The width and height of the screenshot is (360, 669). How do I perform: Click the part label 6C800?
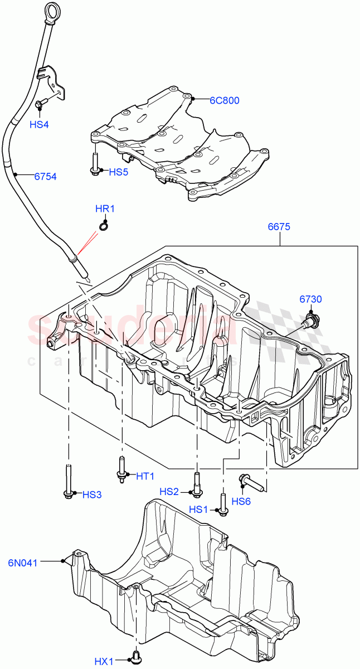tap(225, 101)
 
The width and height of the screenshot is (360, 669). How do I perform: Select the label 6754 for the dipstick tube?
tap(46, 176)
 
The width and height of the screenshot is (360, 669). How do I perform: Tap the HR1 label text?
tap(105, 209)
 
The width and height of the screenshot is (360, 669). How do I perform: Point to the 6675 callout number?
tap(279, 227)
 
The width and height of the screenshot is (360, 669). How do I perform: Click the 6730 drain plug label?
tap(310, 299)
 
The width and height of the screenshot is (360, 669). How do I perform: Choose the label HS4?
tap(39, 124)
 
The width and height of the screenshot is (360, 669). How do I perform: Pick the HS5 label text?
tap(118, 172)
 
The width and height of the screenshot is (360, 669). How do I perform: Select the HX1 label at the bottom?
tap(104, 662)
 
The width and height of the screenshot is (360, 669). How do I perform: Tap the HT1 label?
tap(145, 476)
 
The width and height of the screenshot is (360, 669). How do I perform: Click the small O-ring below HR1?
tap(103, 225)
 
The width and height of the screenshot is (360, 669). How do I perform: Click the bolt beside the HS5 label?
tap(95, 164)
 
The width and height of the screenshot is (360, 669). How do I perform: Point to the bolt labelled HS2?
tap(196, 483)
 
